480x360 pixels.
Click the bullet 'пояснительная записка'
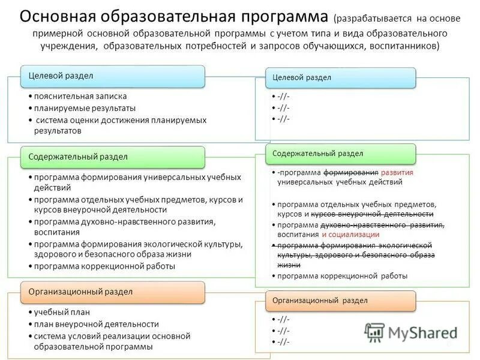pos(80,96)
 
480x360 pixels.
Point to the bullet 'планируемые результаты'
pos(85,108)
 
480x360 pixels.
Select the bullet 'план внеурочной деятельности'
pos(96,324)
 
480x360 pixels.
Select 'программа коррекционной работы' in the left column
pos(104,266)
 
